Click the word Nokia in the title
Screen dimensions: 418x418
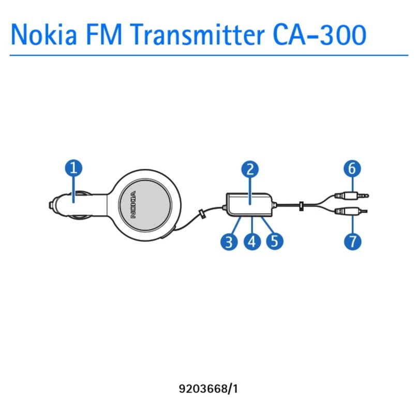click(x=44, y=35)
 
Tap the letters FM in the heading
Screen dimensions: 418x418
click(x=104, y=35)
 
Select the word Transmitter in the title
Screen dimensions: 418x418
click(x=198, y=35)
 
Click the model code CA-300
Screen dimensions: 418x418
click(x=320, y=35)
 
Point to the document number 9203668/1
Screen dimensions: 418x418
click(x=208, y=389)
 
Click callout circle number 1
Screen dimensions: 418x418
click(x=73, y=168)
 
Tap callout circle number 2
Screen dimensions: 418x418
click(x=250, y=169)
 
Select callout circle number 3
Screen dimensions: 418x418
click(x=229, y=242)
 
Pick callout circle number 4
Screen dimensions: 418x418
click(x=252, y=242)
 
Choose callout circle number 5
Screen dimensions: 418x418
click(x=275, y=242)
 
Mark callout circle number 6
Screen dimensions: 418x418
click(x=352, y=169)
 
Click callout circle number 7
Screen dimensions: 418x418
click(x=353, y=242)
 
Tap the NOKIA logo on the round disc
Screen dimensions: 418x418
click(x=133, y=205)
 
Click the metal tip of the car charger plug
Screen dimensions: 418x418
click(x=51, y=205)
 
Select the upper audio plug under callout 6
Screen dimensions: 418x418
click(x=352, y=196)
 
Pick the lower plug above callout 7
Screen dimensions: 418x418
click(x=351, y=212)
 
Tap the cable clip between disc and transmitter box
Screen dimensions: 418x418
click(x=202, y=214)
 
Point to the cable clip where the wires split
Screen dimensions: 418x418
click(x=301, y=206)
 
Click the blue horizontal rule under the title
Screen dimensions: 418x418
click(x=209, y=55)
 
